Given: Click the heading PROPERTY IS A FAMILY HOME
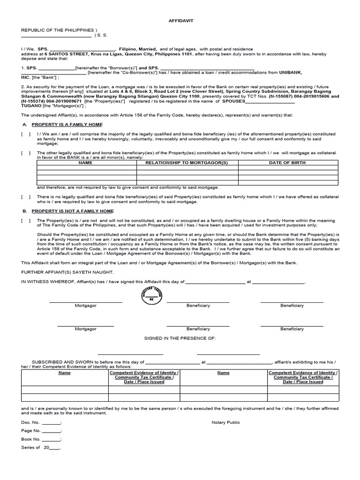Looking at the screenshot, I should click(x=67, y=124).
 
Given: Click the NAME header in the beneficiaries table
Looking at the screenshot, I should click(x=85, y=163).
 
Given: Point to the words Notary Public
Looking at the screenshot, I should click(x=225, y=422).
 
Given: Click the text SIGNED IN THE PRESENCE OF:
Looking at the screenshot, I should click(x=180, y=337).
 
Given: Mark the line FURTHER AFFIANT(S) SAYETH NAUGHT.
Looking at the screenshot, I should click(x=67, y=272).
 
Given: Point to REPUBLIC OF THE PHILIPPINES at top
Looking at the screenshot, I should click(x=58, y=30).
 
